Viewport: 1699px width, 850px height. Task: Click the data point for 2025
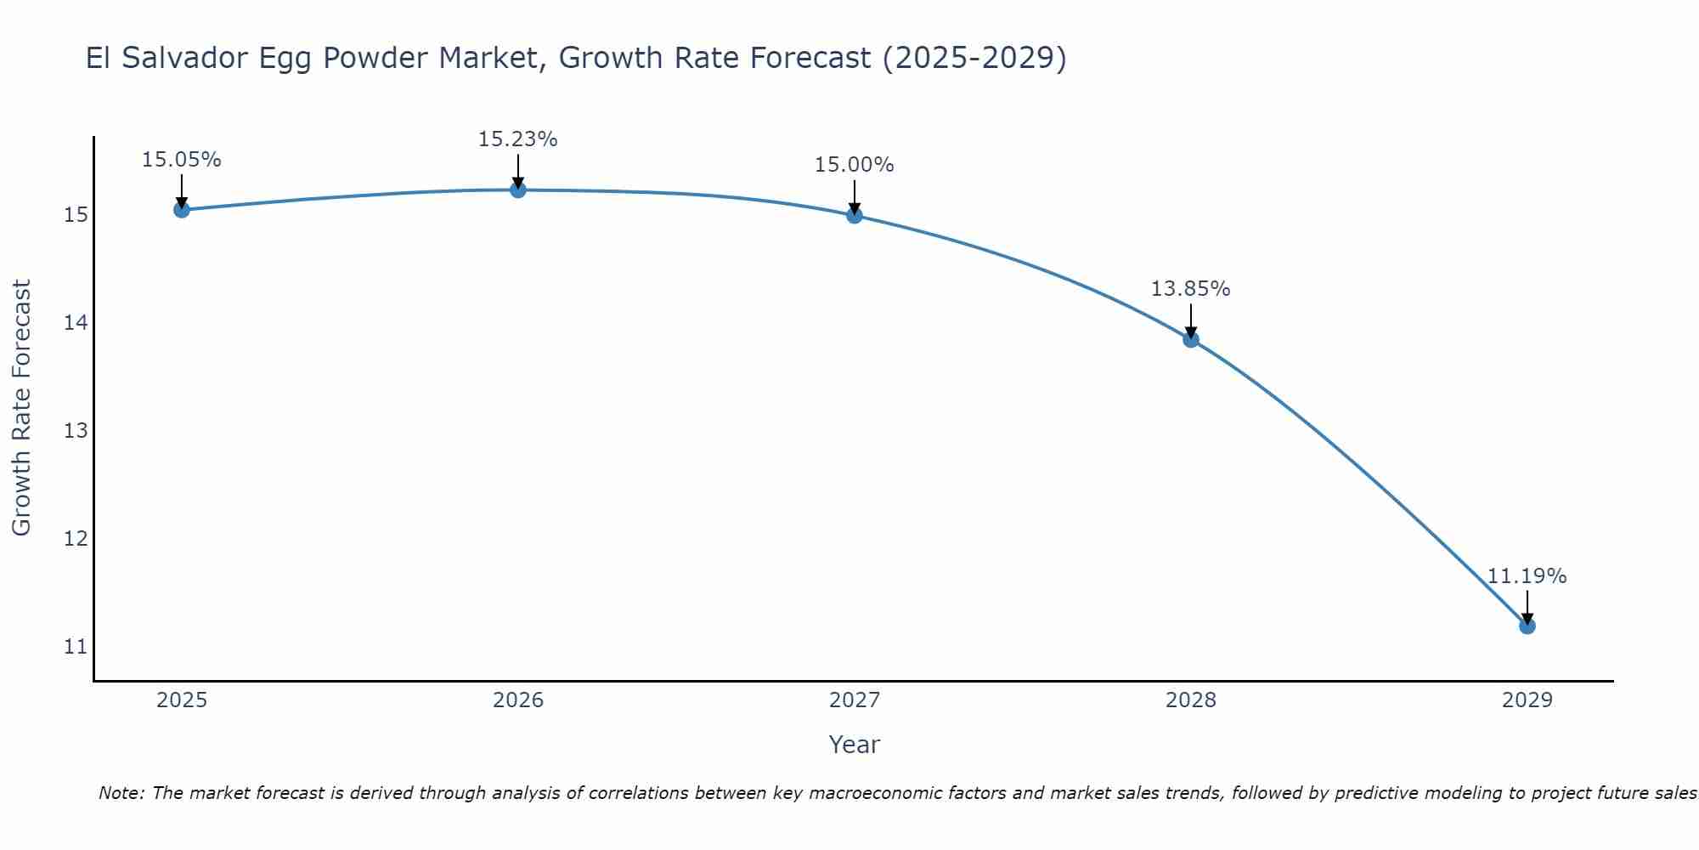click(182, 209)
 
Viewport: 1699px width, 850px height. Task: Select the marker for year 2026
click(518, 190)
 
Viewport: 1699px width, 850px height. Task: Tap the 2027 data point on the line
click(855, 215)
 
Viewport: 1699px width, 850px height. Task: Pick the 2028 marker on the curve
click(1191, 339)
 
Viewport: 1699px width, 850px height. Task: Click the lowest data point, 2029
click(1527, 626)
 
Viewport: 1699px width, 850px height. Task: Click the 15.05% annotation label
click(182, 160)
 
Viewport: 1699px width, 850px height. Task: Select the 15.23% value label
click(518, 139)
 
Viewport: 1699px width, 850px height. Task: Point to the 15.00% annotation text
click(855, 165)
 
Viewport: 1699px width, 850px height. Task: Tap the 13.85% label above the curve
click(1191, 289)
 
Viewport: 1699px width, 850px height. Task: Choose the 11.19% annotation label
click(1527, 576)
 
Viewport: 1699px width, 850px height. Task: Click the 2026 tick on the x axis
click(518, 700)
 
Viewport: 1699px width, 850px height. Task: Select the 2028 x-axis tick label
click(1191, 700)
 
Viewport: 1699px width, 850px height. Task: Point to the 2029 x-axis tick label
click(1527, 700)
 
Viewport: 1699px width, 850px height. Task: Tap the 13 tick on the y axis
click(76, 431)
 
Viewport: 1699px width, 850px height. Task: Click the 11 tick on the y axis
click(76, 647)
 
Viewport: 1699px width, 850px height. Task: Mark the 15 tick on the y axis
click(76, 215)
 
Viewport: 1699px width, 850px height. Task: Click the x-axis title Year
click(855, 745)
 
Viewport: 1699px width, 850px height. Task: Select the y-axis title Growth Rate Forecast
click(22, 408)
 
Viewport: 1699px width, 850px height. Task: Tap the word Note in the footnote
click(121, 793)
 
